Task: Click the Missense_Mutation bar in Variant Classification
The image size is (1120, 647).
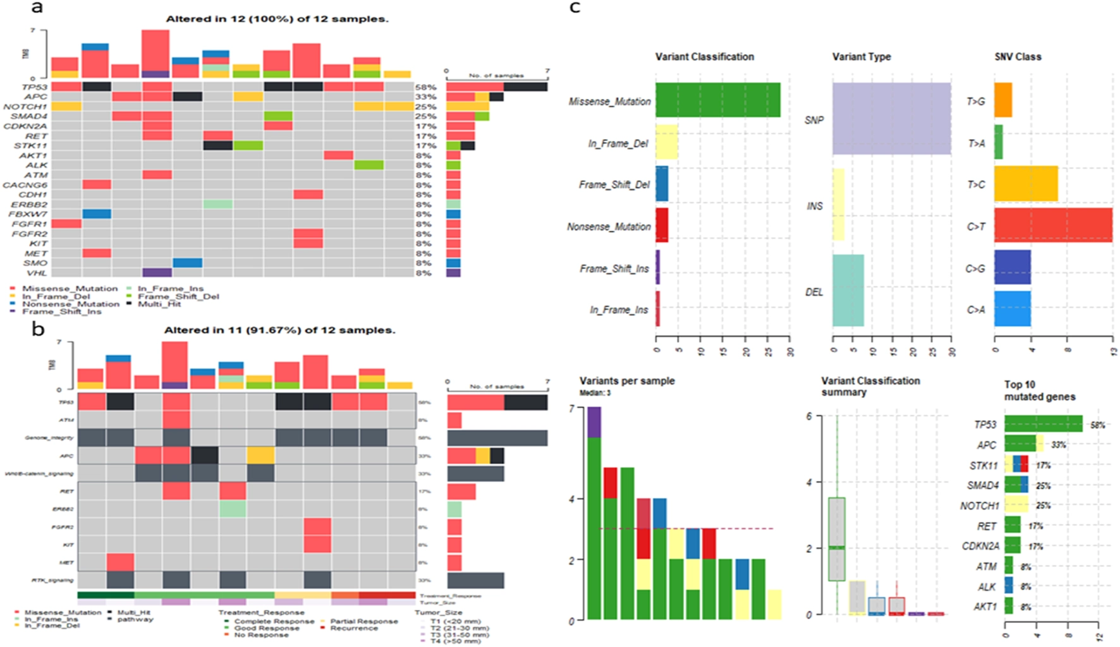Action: [717, 100]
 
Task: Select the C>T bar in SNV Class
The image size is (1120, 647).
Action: [1053, 225]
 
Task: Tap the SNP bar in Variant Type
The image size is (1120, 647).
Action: [891, 118]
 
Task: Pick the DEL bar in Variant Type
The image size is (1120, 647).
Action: [848, 291]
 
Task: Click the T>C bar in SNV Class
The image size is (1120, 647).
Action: [1026, 184]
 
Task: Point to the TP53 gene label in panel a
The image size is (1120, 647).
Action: [35, 87]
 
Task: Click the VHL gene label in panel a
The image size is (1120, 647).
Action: [37, 273]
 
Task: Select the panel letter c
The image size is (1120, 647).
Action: [575, 8]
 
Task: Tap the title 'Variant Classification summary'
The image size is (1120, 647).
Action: [870, 386]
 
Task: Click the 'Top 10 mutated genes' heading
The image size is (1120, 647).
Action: [1040, 390]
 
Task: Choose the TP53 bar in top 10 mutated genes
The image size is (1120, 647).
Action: [1043, 425]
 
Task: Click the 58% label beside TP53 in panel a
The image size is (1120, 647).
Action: [425, 87]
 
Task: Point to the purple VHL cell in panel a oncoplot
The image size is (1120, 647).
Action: [157, 273]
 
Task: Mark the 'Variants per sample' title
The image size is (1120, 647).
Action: [627, 381]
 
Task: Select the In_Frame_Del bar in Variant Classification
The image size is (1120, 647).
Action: [666, 142]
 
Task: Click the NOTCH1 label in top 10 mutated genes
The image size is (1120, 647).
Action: [979, 506]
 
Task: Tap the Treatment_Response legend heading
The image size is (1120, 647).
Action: [261, 612]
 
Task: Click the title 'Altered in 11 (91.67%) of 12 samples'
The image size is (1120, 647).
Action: [279, 330]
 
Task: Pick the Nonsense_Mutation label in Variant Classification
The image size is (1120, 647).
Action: [609, 227]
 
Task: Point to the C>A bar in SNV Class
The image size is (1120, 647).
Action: [1012, 309]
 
